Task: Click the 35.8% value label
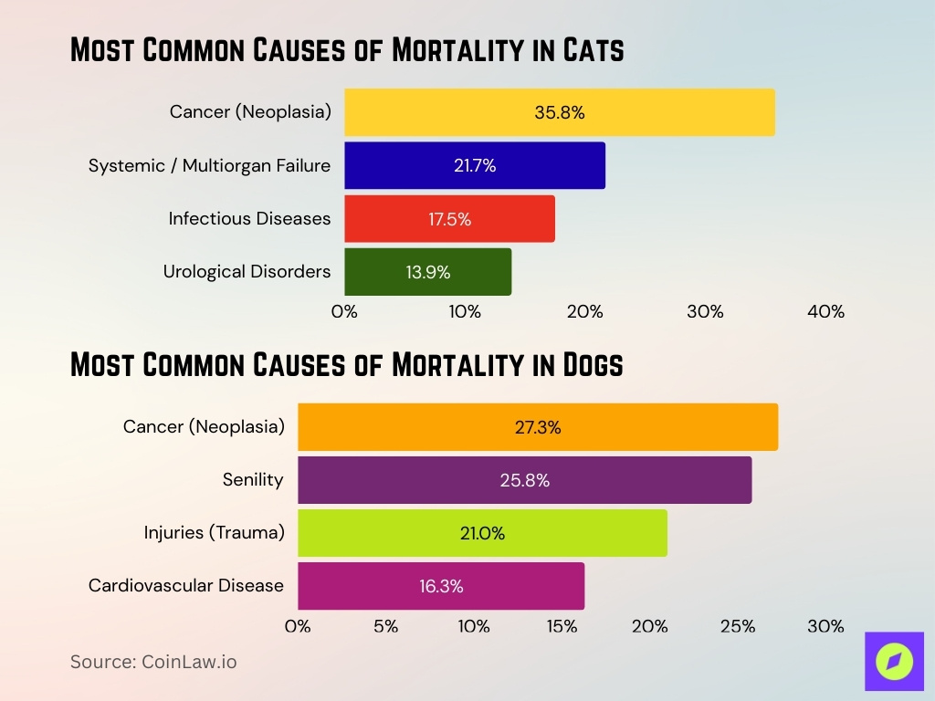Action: [559, 112]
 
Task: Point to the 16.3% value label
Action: [441, 586]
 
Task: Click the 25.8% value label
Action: [524, 480]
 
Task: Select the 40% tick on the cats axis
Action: [825, 311]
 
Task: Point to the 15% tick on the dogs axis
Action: [562, 626]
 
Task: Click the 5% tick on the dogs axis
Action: [385, 626]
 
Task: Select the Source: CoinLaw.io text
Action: [153, 662]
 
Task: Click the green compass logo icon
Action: [894, 661]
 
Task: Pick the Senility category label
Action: [253, 479]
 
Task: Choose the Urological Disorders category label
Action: [247, 271]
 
